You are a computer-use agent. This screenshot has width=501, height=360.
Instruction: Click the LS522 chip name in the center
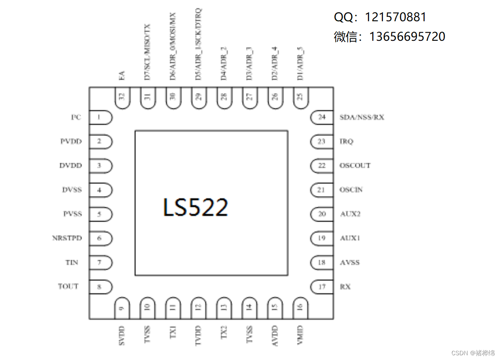coord(195,207)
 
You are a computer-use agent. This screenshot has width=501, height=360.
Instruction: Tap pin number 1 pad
coord(100,117)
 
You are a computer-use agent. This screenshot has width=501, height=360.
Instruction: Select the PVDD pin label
coord(71,141)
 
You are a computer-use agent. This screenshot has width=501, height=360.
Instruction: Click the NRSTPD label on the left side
coord(67,238)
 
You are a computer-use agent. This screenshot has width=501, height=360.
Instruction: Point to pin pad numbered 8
coord(100,287)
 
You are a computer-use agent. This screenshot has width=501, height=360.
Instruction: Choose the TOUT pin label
coord(68,286)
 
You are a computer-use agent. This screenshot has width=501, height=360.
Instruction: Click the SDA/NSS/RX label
coord(362,117)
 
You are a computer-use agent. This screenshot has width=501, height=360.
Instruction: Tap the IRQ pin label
coord(346,141)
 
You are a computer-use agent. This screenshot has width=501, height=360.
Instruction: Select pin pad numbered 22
coord(322,166)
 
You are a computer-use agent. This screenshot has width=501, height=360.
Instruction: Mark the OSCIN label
coord(351,190)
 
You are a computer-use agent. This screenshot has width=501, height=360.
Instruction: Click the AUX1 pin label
coord(350,238)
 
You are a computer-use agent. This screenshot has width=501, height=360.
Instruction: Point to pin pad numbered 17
coord(322,287)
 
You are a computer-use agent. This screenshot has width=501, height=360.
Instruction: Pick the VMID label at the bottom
coord(300,334)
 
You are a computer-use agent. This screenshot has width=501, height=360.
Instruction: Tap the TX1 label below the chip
coord(173,333)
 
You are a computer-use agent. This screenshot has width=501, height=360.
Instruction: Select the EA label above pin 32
coord(122,75)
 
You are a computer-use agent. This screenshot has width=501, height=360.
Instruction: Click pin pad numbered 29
coord(198,98)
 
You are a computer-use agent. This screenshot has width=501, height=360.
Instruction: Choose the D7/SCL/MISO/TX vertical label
coord(148,52)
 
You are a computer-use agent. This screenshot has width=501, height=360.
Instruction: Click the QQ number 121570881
coord(396,17)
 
